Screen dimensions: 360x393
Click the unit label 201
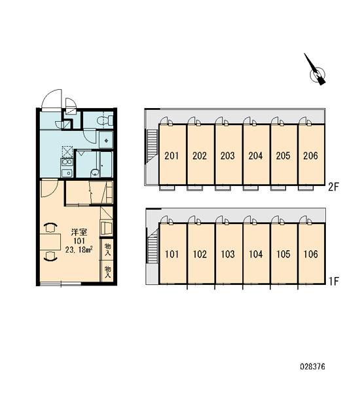[x=171, y=156]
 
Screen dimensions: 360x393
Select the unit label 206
[x=310, y=156]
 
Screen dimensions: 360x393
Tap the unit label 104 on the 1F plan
[x=255, y=254]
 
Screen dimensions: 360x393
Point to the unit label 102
[x=200, y=254]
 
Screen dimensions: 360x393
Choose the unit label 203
[x=228, y=156]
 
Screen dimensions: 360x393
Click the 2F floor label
[x=333, y=187]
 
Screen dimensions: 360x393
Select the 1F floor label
[x=334, y=282]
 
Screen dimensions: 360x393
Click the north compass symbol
[x=316, y=71]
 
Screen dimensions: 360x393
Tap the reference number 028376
[x=312, y=367]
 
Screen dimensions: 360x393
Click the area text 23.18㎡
[x=79, y=250]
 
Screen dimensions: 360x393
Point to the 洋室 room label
[x=79, y=233]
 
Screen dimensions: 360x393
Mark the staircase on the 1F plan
[x=153, y=250]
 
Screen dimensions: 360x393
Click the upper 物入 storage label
[x=107, y=250]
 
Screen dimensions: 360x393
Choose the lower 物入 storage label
[x=107, y=272]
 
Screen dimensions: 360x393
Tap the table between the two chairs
[x=50, y=242]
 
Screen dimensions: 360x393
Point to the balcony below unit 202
[x=195, y=188]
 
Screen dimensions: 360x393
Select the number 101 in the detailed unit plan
[x=79, y=241]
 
